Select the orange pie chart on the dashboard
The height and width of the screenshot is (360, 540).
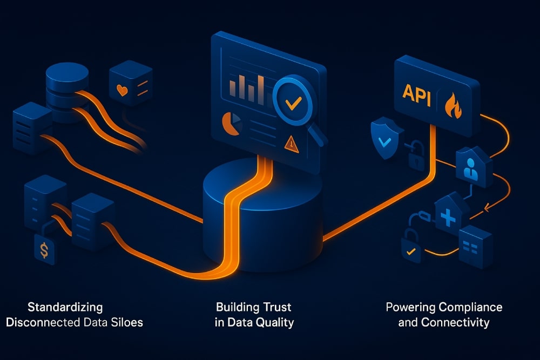231,124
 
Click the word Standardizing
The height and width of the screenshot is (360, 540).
65,308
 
